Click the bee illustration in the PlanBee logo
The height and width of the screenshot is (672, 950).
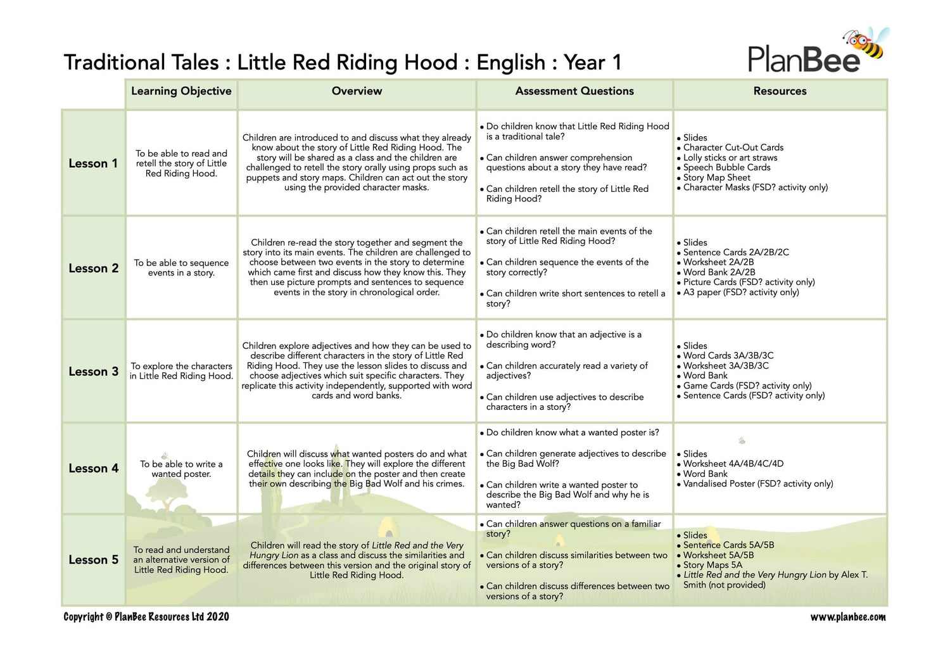866,44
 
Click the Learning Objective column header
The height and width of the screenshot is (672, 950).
181,91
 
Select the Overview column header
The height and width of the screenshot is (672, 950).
357,91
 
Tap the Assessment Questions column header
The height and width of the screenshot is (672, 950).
574,91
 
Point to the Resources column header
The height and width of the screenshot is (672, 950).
780,91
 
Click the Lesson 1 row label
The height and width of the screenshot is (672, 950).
93,163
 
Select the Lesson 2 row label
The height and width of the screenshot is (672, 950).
93,269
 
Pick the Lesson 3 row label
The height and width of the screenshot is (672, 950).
93,372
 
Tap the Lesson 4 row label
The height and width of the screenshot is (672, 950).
93,469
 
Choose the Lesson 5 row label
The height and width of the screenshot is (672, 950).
93,560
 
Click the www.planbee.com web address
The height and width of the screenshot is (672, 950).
848,617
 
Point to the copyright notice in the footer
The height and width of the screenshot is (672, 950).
146,617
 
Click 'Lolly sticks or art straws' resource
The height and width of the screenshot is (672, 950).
730,158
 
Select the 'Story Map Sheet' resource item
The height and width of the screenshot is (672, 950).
716,177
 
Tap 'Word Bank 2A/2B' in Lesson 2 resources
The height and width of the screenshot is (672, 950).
719,272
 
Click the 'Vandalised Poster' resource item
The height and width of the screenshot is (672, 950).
757,484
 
